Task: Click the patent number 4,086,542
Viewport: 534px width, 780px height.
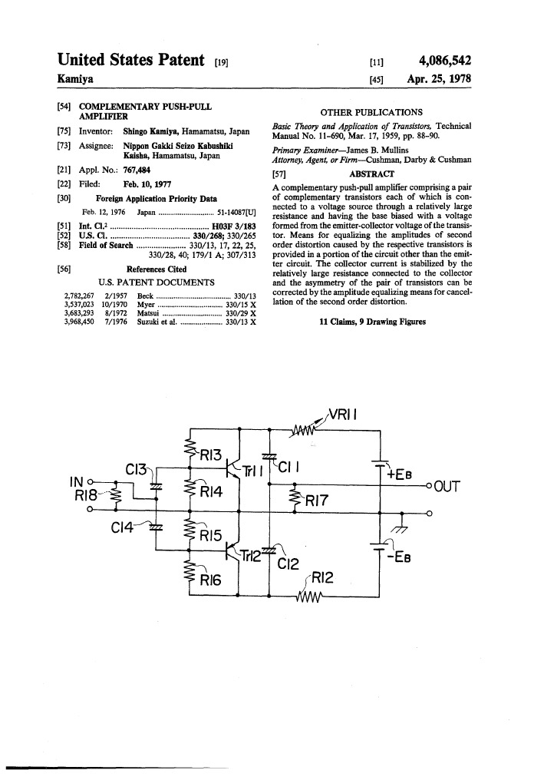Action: (x=444, y=61)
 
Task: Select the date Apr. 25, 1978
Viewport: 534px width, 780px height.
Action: (x=439, y=79)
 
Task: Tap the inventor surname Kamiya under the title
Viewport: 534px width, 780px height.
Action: (x=79, y=79)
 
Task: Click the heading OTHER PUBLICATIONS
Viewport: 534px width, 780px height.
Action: (x=371, y=112)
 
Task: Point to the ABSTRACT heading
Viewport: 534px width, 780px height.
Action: (x=371, y=174)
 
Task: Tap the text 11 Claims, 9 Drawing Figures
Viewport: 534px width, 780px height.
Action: (x=372, y=322)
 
